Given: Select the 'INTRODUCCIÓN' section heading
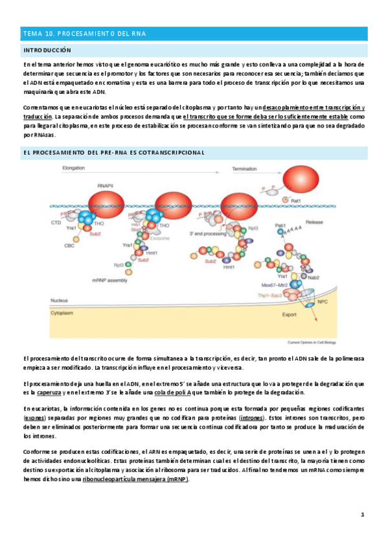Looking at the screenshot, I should tap(47, 50).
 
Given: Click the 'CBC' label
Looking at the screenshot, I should tap(69, 245).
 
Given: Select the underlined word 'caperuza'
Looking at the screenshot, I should tap(50, 393).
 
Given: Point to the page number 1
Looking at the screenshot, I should tap(363, 514).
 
